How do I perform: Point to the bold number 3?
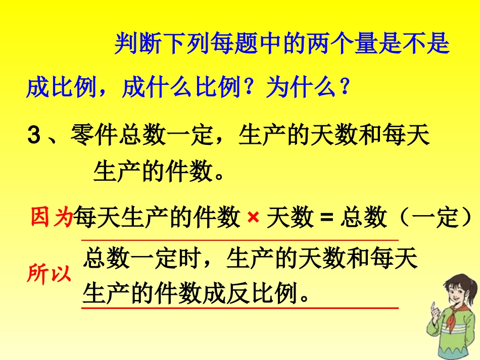[33, 136]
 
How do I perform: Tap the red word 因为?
[52, 218]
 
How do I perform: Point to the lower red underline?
[240, 307]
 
